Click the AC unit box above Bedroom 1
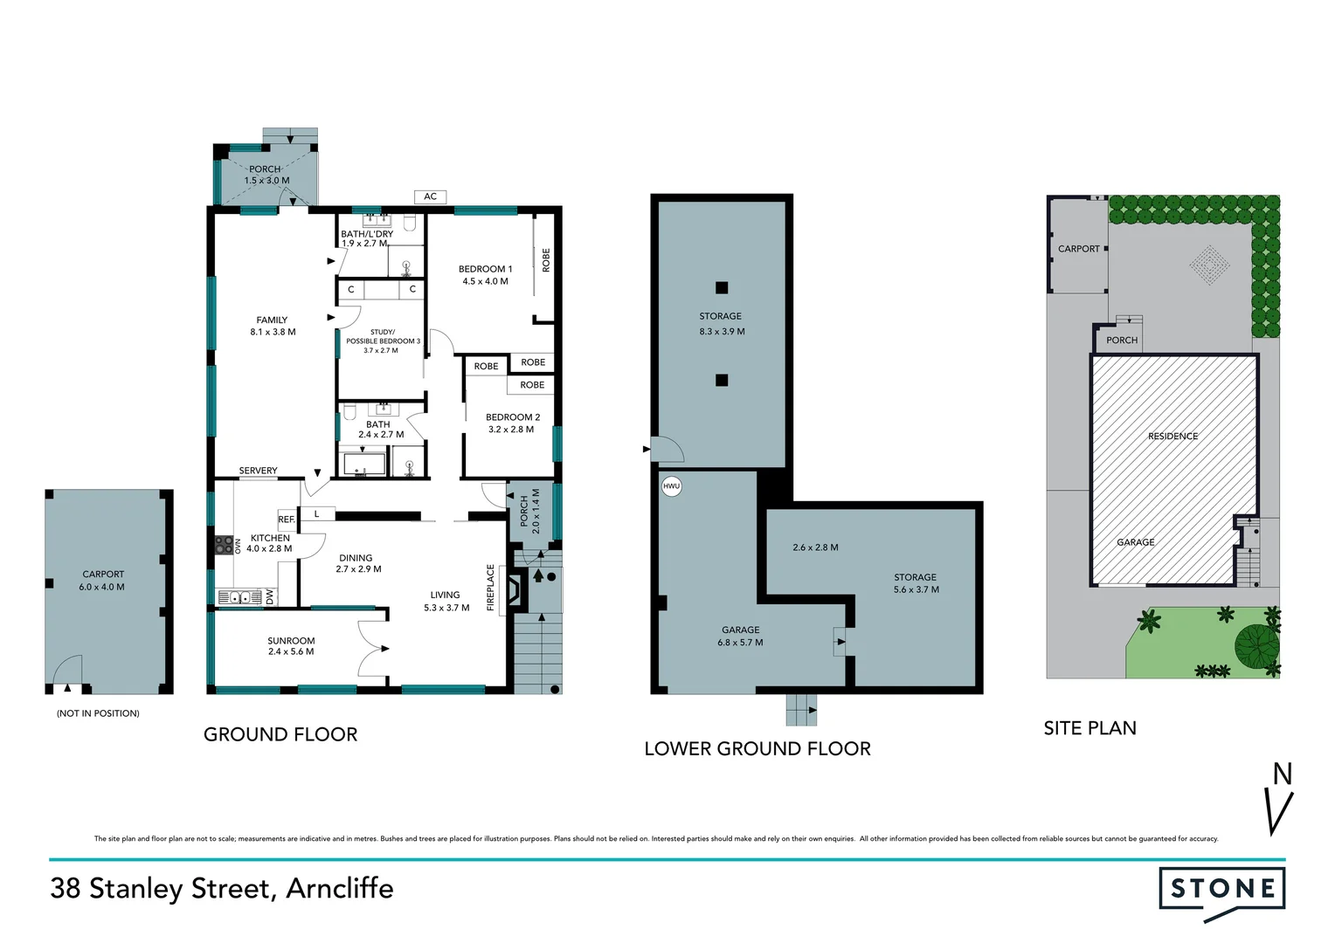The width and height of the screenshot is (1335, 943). point(430,196)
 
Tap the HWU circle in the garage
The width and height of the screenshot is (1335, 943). point(671,486)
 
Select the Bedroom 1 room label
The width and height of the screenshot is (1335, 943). point(485,275)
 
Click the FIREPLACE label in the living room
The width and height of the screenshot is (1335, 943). point(491,587)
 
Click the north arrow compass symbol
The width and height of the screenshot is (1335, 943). point(1280,799)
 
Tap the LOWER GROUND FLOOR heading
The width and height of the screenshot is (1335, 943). point(757,748)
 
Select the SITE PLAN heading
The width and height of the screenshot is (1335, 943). point(1089,728)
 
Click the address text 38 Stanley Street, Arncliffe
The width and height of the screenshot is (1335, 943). point(222,888)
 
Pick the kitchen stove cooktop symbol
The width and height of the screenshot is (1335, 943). point(223,546)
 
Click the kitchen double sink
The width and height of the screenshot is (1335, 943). point(239,597)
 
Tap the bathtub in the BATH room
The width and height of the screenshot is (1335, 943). point(363,464)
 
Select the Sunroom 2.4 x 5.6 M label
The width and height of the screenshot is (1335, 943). point(291,646)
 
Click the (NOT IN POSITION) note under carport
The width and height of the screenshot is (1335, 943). point(98,713)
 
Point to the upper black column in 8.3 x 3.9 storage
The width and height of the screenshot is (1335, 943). point(722,288)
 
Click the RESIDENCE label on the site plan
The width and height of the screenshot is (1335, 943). point(1172,436)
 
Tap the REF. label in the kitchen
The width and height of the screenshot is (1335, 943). point(287,519)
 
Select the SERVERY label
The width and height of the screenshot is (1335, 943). point(258,471)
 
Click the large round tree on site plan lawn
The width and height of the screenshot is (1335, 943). point(1256,645)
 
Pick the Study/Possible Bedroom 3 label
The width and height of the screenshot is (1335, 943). point(382,341)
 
